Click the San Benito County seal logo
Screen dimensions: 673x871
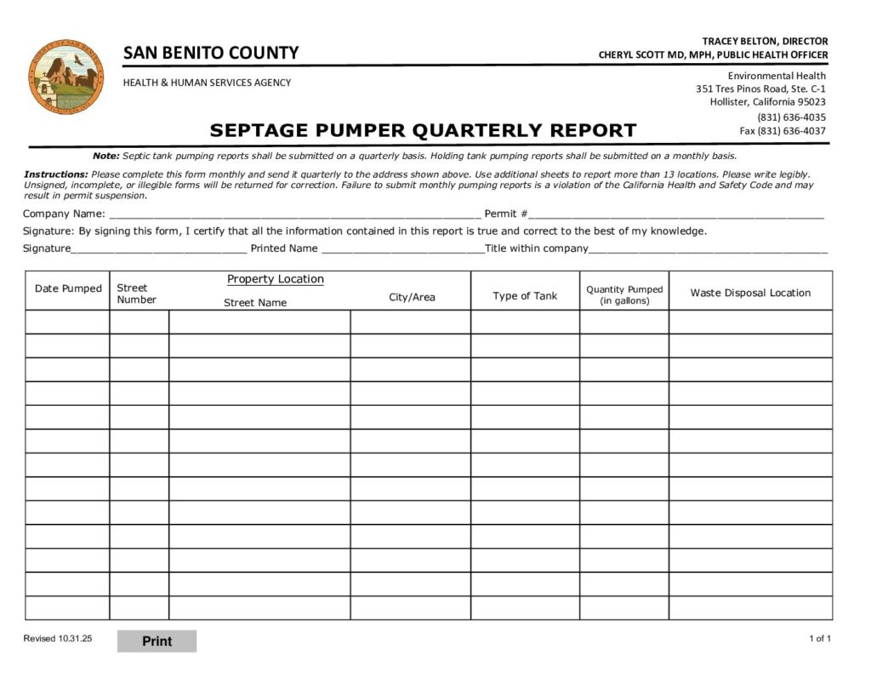(65, 76)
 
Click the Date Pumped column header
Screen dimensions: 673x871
(68, 288)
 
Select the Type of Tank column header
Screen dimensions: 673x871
(525, 296)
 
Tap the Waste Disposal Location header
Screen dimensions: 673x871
(750, 293)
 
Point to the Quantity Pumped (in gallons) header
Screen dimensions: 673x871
(624, 295)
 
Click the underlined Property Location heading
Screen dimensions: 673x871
(276, 279)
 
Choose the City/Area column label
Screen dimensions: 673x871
(412, 297)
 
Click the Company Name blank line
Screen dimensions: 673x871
(294, 214)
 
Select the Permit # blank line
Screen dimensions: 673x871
(676, 214)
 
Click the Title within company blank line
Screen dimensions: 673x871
(708, 249)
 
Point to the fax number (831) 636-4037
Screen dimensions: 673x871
(783, 131)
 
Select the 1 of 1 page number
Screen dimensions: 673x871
(820, 639)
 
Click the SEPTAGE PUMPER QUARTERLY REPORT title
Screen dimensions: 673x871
(423, 130)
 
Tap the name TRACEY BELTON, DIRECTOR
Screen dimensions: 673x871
(765, 41)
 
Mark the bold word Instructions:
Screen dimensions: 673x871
(56, 174)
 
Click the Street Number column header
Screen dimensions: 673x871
(136, 294)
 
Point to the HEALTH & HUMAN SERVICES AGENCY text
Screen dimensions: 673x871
(207, 83)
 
